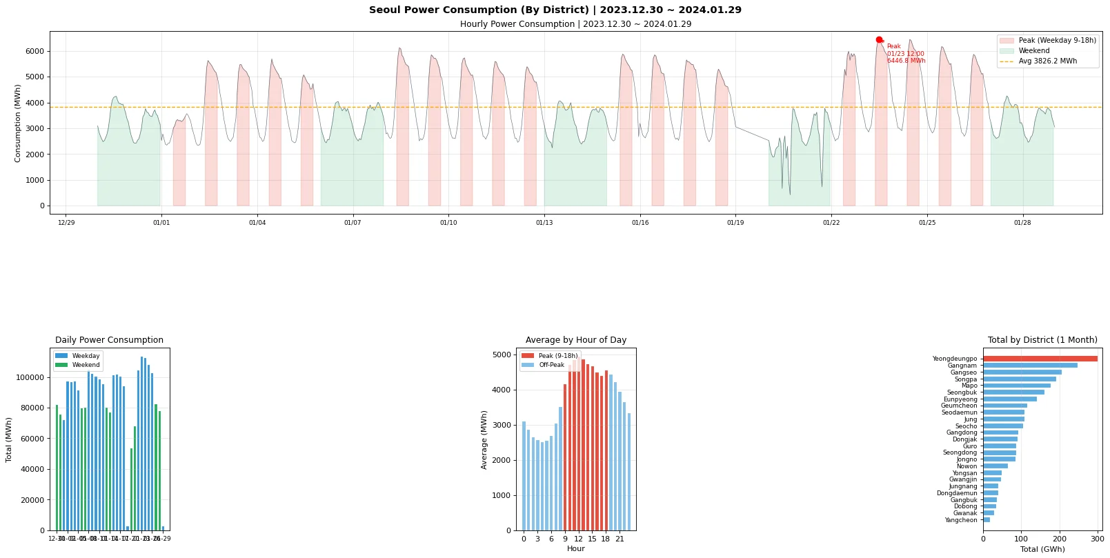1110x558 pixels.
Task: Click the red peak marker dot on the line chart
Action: tap(879, 40)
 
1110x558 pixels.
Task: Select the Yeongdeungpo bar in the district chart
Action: tap(1040, 359)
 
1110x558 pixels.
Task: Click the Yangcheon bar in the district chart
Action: tap(987, 520)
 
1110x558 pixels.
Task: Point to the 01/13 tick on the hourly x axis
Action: tap(544, 223)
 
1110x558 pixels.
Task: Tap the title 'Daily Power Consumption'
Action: tap(109, 340)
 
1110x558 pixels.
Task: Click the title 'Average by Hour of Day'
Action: tap(575, 340)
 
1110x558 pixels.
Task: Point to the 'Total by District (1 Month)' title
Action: tap(1042, 340)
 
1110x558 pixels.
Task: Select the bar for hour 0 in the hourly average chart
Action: tap(524, 476)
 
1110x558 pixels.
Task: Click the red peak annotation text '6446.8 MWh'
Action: tap(906, 61)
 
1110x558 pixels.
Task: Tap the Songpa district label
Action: tap(965, 379)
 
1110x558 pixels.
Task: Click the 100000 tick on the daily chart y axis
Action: tap(28, 377)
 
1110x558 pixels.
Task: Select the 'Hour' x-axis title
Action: tap(575, 549)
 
